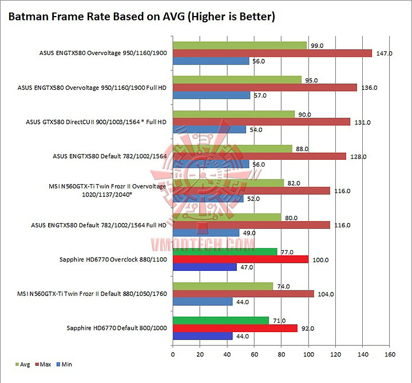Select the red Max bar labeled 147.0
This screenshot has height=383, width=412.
(x=272, y=53)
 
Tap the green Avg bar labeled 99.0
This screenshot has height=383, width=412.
(x=240, y=45)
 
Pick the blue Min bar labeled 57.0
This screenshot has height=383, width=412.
(x=211, y=96)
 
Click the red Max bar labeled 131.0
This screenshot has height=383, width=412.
(x=261, y=122)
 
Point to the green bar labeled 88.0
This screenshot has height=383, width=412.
(x=232, y=148)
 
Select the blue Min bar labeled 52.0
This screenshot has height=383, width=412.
(x=208, y=199)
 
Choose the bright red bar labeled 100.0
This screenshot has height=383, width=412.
(x=240, y=259)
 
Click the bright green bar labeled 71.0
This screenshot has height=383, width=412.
(x=220, y=320)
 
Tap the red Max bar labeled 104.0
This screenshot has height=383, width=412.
(x=243, y=294)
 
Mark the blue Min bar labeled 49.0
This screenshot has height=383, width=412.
(x=206, y=233)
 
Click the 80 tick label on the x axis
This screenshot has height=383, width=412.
(x=281, y=353)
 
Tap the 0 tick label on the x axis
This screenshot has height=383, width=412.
(x=173, y=353)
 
